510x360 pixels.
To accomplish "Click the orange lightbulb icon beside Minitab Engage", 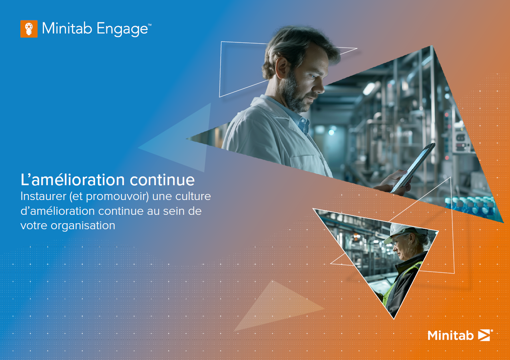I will [29, 29].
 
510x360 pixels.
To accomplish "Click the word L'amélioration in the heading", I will [72, 180].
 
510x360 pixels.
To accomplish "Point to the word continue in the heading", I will [162, 180].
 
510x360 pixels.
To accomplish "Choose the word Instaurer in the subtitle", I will [40, 197].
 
